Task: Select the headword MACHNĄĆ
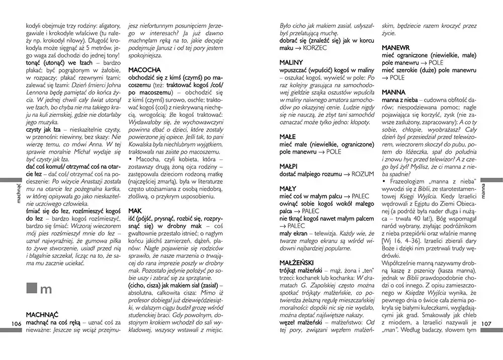point(43,312)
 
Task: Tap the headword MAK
point(135,211)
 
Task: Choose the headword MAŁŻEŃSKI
point(300,262)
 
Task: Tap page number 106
point(15,323)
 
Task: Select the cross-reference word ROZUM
point(362,174)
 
